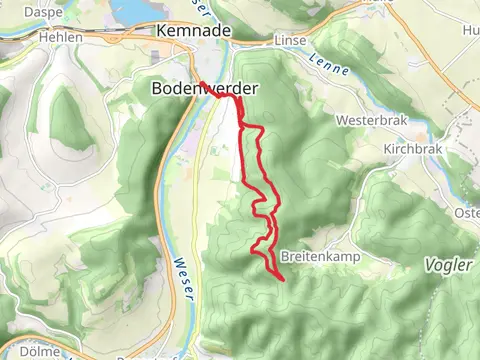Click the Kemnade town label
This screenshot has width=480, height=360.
click(194, 31)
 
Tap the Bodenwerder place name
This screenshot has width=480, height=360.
click(204, 89)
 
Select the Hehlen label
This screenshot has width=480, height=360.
click(60, 36)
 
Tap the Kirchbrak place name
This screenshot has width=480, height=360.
click(411, 148)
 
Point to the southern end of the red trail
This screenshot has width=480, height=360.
click(285, 279)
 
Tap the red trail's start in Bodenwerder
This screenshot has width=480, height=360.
click(199, 83)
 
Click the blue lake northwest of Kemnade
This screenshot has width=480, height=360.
click(135, 10)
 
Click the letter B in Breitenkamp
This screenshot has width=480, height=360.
click(286, 255)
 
